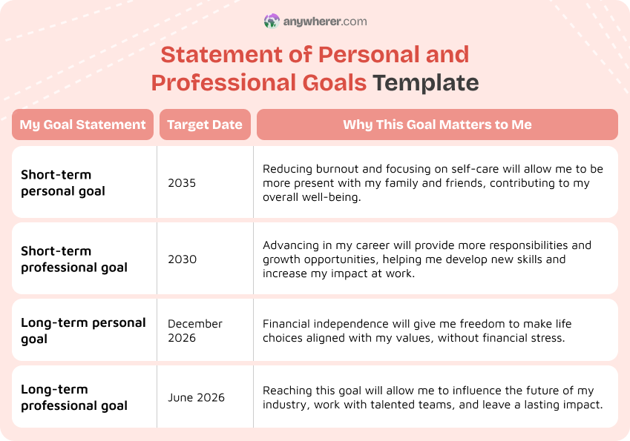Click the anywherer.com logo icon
coord(272,21)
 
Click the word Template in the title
coord(426,82)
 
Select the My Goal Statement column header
coord(82,125)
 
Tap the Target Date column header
coord(205,125)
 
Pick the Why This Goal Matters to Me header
coord(437,125)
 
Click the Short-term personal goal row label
coord(63,183)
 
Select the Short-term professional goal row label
coord(74,259)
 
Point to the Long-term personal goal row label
coord(83,331)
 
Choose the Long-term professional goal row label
coord(74,397)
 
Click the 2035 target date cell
coord(182,183)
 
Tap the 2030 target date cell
coord(182,259)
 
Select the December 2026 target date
coord(195,331)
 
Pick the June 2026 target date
coord(196,397)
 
